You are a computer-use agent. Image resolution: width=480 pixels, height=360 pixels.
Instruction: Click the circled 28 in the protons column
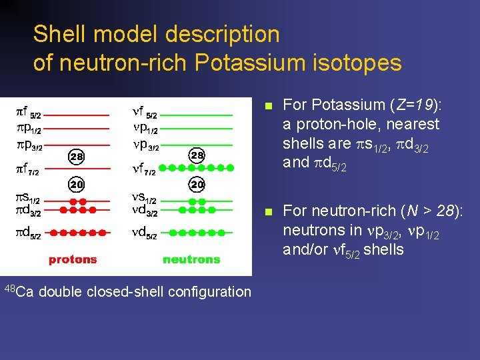pos(77,157)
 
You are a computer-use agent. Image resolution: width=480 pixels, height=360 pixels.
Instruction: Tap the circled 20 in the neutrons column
pos(197,183)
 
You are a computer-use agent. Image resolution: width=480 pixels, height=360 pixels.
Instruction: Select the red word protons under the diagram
pos(73,259)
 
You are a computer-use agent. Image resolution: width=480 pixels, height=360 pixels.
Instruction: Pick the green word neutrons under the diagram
pos(191,259)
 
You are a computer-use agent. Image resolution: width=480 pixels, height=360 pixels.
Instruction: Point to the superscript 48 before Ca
pos(9,288)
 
